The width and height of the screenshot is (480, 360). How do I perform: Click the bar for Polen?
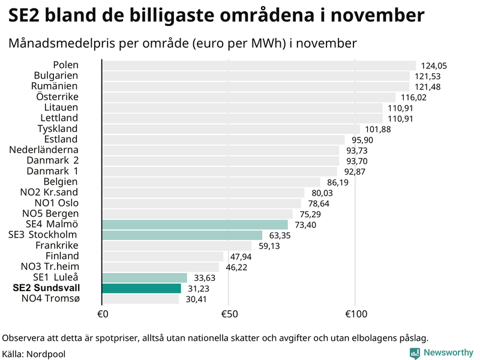coord(258,65)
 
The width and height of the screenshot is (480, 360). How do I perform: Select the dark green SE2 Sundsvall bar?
coord(142,288)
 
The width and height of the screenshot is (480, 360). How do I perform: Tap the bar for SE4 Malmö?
coord(195,224)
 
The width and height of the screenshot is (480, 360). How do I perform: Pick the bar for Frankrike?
coord(177,245)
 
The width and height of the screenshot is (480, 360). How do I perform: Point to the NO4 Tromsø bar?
coord(140,298)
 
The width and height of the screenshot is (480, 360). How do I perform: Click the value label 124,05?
coord(434,66)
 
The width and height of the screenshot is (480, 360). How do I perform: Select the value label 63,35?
coord(280,235)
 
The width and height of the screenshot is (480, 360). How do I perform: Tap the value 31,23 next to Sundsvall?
coord(199,289)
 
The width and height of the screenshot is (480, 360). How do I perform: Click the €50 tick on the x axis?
coord(229,314)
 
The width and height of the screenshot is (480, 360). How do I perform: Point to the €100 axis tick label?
coord(355,314)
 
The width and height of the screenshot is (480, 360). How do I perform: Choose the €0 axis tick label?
coord(102,314)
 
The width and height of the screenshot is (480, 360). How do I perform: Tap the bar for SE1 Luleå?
coord(145,277)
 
